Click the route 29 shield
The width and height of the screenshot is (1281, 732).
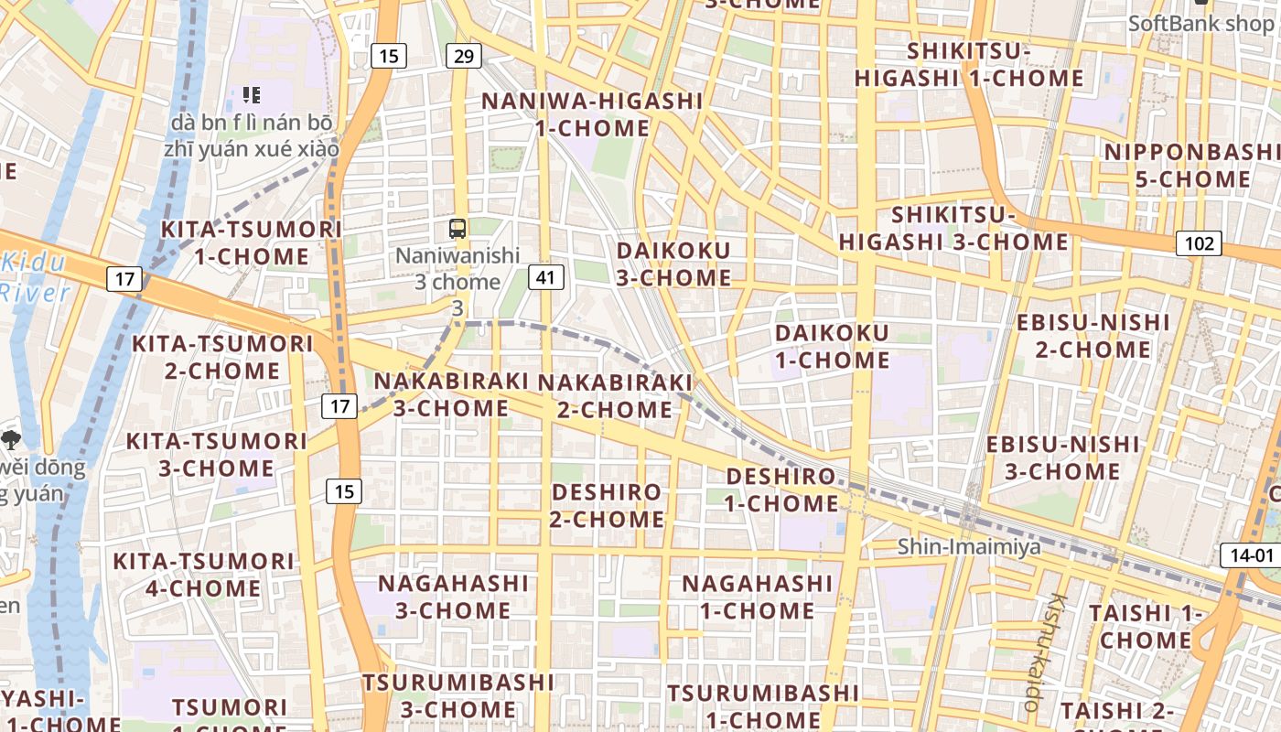point(464,57)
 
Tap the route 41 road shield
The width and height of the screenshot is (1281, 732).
point(545,277)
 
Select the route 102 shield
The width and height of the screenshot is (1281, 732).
point(1199,243)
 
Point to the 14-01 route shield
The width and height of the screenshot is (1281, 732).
point(1251,554)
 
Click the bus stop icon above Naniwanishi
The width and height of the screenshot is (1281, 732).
point(457,229)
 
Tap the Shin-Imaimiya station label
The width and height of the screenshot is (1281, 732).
point(968,547)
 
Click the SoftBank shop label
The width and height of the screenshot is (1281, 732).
point(1200,24)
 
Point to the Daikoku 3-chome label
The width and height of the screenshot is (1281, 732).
point(674,264)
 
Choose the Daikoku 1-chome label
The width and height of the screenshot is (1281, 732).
point(832,346)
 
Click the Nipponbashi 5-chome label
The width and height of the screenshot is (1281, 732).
point(1191,166)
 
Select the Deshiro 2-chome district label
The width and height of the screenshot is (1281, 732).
point(608,505)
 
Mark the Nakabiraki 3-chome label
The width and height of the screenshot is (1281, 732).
point(452,394)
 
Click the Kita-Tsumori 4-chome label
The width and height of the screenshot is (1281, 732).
point(203,574)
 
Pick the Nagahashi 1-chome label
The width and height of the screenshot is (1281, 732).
point(757,597)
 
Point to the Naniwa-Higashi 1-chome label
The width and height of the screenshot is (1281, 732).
point(592,114)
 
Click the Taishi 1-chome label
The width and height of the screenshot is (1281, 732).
point(1145,626)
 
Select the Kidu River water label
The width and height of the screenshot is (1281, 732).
point(35,278)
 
